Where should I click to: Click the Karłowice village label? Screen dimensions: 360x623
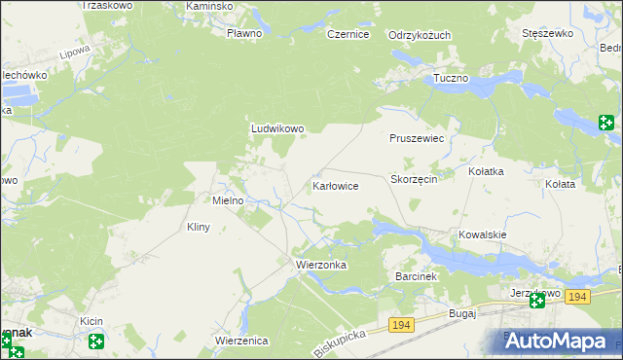(336, 185)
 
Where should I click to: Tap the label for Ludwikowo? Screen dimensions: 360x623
(278, 127)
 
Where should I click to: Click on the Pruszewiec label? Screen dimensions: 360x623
(417, 139)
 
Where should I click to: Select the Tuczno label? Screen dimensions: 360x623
(452, 77)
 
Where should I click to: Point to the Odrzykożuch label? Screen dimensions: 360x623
(420, 35)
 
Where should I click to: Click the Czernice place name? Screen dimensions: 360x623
(348, 34)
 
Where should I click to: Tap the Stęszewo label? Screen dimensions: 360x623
(546, 33)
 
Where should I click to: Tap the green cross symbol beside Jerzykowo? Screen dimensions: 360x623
(537, 302)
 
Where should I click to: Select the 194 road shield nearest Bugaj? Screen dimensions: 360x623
(400, 323)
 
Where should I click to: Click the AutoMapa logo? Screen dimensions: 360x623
(564, 341)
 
